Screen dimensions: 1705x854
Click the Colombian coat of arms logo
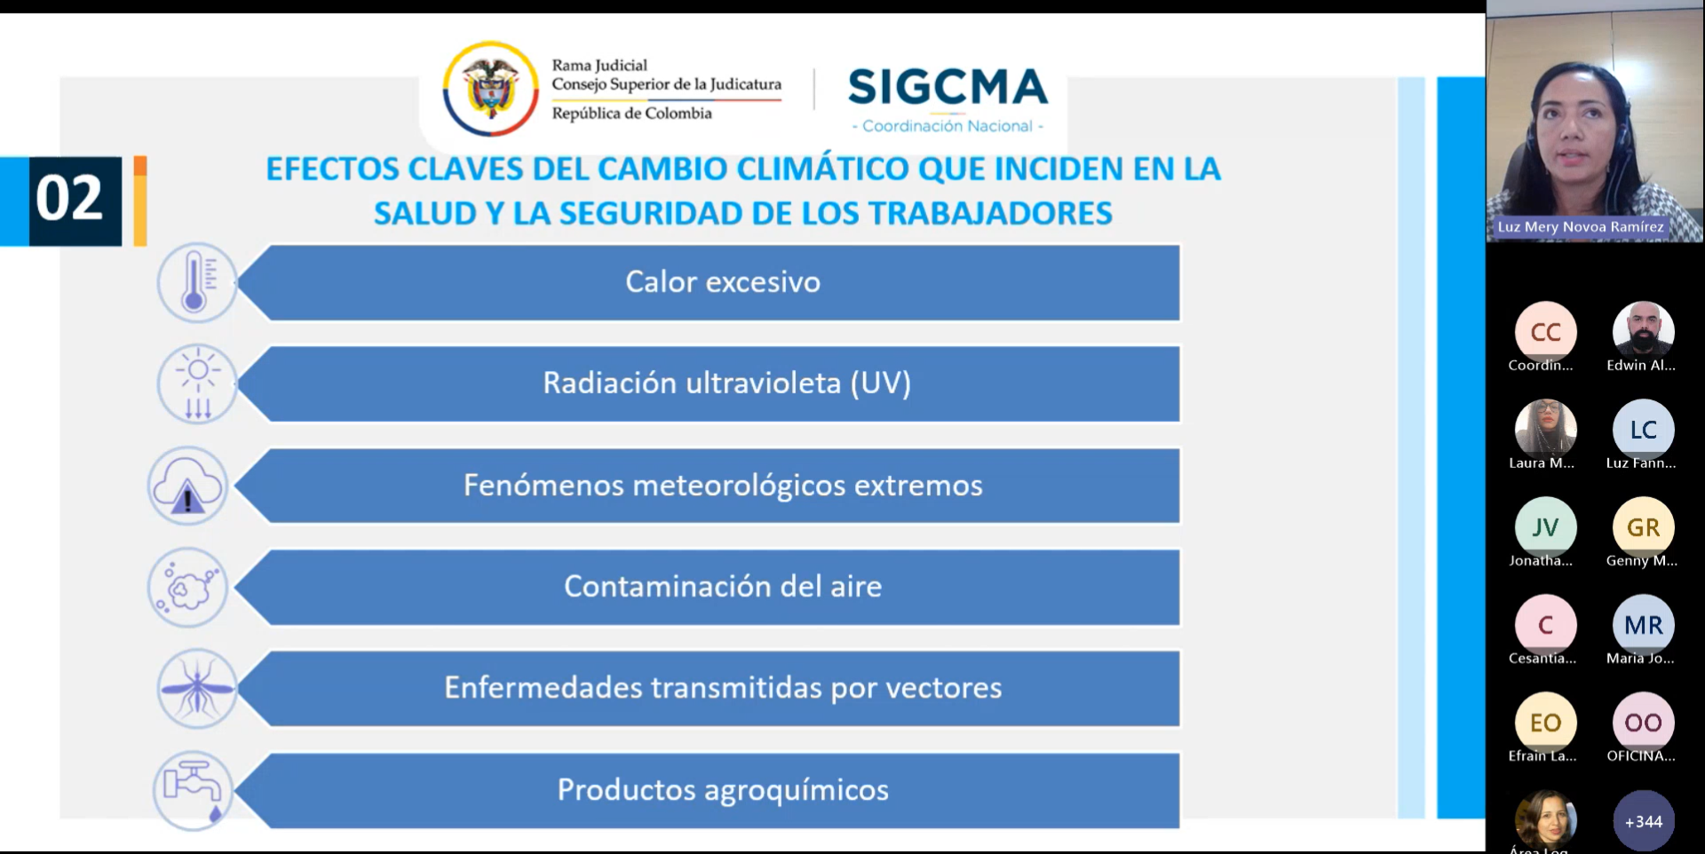[x=491, y=89]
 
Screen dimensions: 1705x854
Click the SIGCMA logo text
[x=948, y=87]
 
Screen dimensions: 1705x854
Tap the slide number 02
[x=69, y=197]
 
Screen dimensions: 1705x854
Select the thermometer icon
[x=197, y=283]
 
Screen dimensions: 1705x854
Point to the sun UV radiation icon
[x=197, y=384]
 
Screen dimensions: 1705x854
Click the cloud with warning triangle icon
[x=187, y=486]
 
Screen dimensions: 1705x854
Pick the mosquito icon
[x=197, y=688]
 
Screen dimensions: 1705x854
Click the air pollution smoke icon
[x=187, y=588]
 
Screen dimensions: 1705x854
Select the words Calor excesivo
[x=723, y=281]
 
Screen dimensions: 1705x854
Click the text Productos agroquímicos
[x=723, y=789]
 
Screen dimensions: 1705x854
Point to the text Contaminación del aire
[x=723, y=586]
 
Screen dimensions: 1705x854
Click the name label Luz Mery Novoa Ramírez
[x=1581, y=226]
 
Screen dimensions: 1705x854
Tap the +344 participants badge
[x=1644, y=821]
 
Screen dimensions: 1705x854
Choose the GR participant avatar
[x=1644, y=527]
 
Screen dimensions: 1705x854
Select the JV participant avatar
[x=1546, y=527]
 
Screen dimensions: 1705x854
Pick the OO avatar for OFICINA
[x=1644, y=723]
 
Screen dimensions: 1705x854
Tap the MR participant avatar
[x=1644, y=625]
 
